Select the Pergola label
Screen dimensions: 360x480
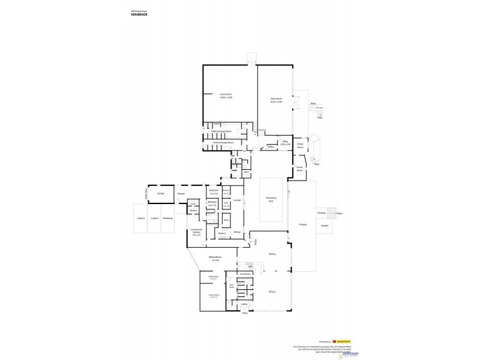(x=303, y=225)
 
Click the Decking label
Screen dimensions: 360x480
(x=321, y=212)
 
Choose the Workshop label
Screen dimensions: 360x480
(x=167, y=218)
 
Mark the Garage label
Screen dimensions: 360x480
(x=161, y=194)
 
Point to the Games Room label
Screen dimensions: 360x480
(x=212, y=296)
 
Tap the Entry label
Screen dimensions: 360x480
(x=244, y=313)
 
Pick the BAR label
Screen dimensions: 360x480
(x=242, y=266)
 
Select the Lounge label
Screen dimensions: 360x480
(x=237, y=200)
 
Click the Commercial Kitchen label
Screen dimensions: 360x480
(x=196, y=232)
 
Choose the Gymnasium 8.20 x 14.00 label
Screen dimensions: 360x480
(x=276, y=101)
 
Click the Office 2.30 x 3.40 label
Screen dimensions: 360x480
(x=286, y=143)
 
